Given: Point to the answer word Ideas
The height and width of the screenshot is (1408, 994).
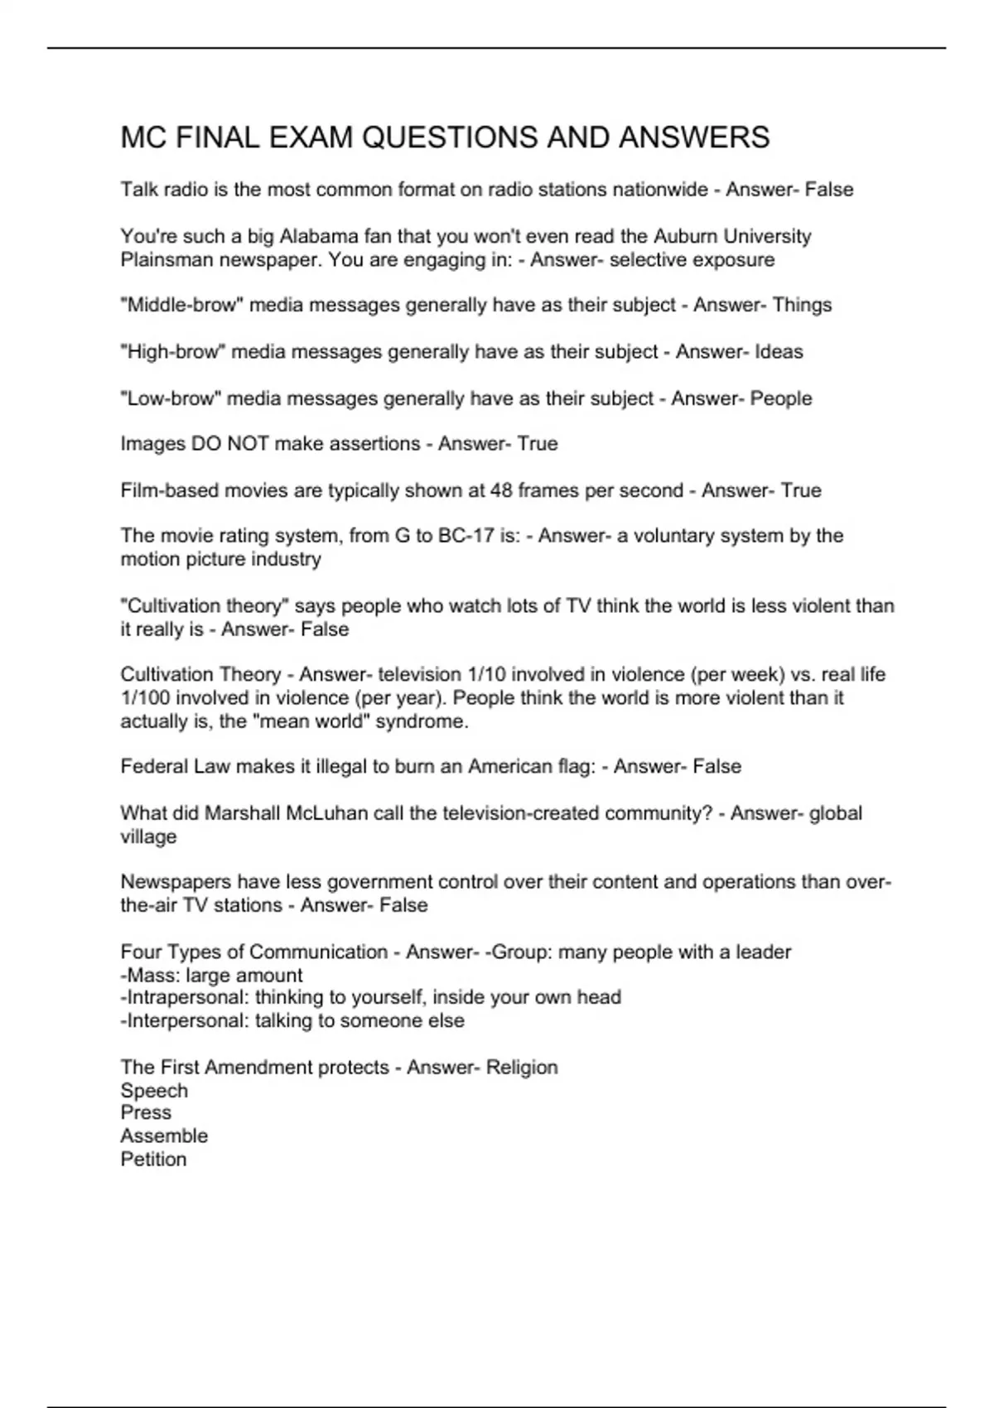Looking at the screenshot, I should click(x=779, y=352).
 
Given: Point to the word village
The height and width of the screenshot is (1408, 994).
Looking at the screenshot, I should click(x=148, y=837).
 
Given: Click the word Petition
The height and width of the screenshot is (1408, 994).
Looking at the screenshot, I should click(x=153, y=1160).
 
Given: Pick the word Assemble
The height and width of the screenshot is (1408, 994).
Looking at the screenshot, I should click(x=164, y=1136).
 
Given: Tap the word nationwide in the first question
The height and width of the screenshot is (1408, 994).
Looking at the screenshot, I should click(x=659, y=190).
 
